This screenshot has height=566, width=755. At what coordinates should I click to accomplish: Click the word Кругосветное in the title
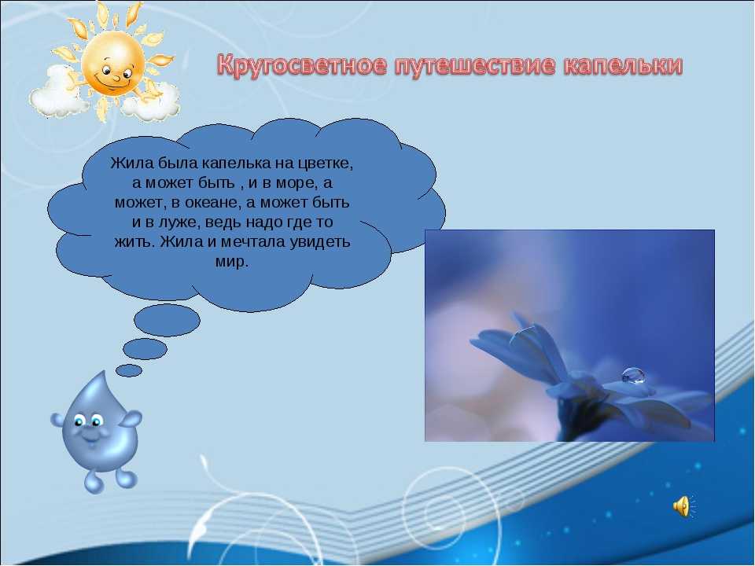pyautogui.click(x=301, y=65)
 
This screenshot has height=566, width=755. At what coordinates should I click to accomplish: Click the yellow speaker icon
pyautogui.click(x=681, y=507)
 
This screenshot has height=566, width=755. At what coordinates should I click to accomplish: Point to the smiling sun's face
pyautogui.click(x=112, y=63)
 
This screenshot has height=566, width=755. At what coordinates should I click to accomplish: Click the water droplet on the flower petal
pyautogui.click(x=633, y=376)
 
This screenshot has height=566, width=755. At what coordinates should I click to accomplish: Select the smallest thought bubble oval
pyautogui.click(x=129, y=370)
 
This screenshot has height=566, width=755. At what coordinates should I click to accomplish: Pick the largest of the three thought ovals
pyautogui.click(x=167, y=320)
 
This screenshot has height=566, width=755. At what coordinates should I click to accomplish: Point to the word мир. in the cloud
pyautogui.click(x=231, y=261)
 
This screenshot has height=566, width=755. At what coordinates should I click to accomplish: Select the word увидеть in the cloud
pyautogui.click(x=320, y=241)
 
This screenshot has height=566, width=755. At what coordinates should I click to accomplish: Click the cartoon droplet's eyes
pyautogui.click(x=87, y=421)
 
